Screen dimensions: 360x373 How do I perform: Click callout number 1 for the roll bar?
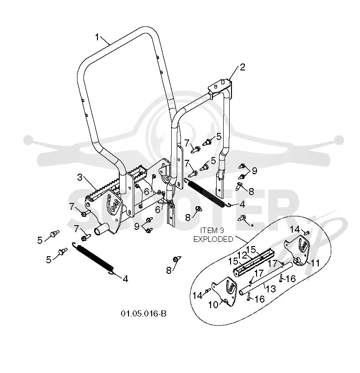tap(97, 37)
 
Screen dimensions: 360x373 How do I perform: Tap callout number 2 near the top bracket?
tap(242, 67)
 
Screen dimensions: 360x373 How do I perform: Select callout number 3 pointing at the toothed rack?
tap(80, 177)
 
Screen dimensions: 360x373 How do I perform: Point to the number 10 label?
tap(213, 305)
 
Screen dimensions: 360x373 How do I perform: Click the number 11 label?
tap(315, 263)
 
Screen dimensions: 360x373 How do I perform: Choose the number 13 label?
tap(270, 289)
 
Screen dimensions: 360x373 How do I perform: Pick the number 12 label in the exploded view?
tap(242, 255)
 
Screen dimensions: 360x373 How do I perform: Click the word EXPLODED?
tap(213, 239)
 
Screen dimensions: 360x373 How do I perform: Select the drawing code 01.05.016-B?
tap(143, 314)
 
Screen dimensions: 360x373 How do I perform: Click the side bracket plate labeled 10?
tap(225, 291)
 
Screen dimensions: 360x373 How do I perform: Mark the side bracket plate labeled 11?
tap(298, 250)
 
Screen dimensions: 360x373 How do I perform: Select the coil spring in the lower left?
tap(93, 258)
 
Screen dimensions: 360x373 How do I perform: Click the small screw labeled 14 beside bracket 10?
tap(207, 291)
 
